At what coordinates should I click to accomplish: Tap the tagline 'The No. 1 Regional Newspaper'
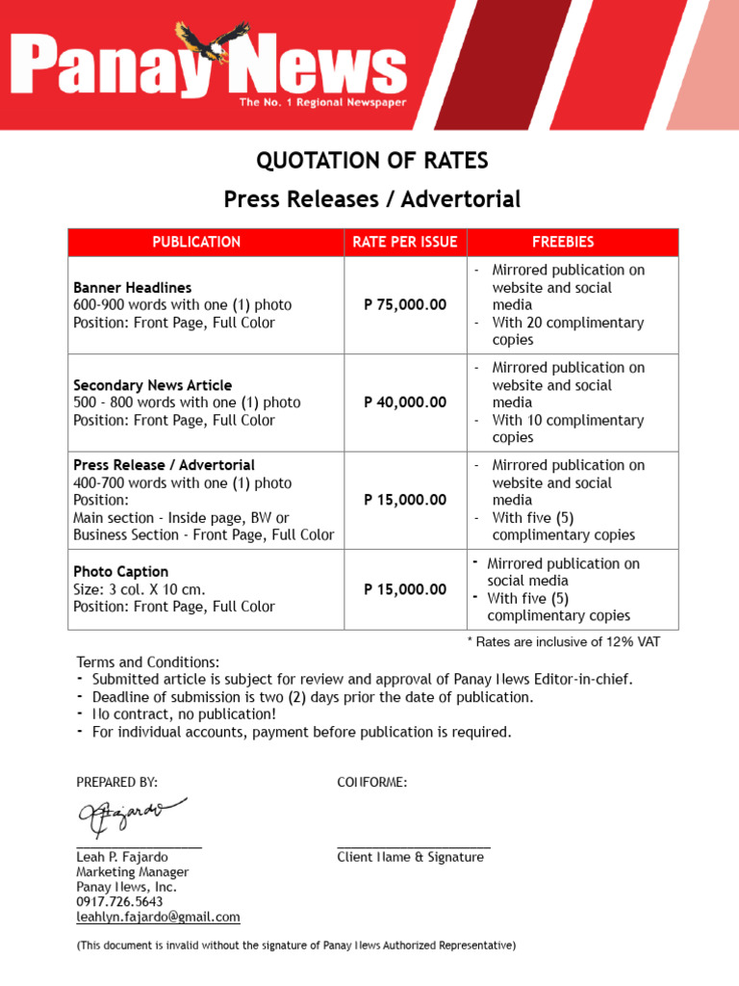[322, 102]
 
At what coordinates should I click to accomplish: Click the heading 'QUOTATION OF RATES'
[371, 160]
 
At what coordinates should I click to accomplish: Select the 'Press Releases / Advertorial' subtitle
[371, 199]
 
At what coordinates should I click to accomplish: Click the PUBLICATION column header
[196, 242]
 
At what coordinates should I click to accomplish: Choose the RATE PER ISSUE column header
[405, 242]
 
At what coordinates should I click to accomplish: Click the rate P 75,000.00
[405, 305]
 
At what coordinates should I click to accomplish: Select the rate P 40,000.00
[405, 402]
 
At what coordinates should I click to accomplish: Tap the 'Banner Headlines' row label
[133, 288]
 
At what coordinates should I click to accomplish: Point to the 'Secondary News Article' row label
[152, 385]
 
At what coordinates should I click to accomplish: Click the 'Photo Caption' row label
[120, 572]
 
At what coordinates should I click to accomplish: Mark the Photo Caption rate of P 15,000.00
[405, 589]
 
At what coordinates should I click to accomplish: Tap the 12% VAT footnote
[564, 642]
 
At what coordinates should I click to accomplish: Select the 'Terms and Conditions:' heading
[148, 662]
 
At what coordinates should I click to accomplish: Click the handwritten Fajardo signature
[131, 817]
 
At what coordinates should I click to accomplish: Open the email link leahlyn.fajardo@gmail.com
[158, 918]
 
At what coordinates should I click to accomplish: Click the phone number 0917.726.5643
[119, 902]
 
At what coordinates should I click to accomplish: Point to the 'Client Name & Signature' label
[410, 857]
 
